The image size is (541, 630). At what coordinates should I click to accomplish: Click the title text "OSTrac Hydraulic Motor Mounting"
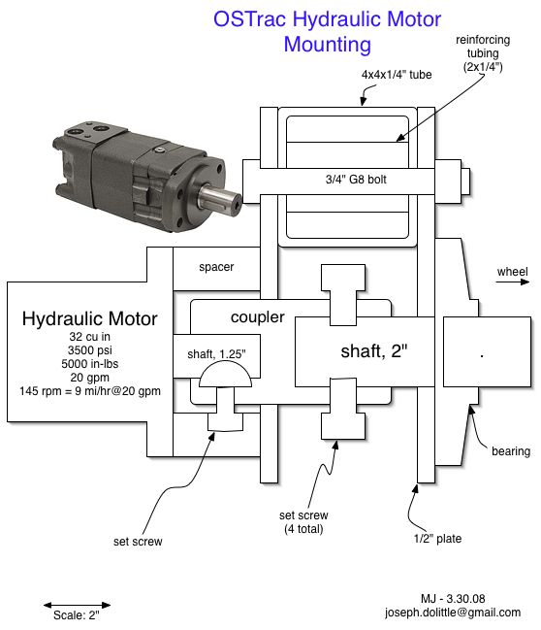pyautogui.click(x=327, y=31)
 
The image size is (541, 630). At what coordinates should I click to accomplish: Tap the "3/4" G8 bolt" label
pyautogui.click(x=356, y=180)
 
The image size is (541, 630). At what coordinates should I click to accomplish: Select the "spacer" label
pyautogui.click(x=216, y=267)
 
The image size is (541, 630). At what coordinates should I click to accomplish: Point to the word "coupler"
pyautogui.click(x=257, y=317)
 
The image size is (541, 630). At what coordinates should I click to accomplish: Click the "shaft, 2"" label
pyautogui.click(x=374, y=351)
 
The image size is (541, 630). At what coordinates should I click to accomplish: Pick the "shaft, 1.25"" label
pyautogui.click(x=216, y=354)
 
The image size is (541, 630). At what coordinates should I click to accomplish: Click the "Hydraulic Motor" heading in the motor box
pyautogui.click(x=89, y=318)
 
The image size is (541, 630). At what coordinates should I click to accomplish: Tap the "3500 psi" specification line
pyautogui.click(x=89, y=350)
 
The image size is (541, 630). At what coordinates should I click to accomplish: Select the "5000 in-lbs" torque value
pyautogui.click(x=89, y=364)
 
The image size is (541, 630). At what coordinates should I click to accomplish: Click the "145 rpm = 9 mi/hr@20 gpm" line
pyautogui.click(x=90, y=391)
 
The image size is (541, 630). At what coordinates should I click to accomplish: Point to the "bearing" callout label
pyautogui.click(x=511, y=451)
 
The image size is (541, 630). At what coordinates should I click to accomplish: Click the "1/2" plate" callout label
pyautogui.click(x=437, y=539)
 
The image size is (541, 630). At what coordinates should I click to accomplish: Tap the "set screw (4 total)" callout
pyautogui.click(x=303, y=522)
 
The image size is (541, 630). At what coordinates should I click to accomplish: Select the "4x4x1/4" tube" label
pyautogui.click(x=397, y=75)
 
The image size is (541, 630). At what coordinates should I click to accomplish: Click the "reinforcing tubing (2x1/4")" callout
pyautogui.click(x=483, y=53)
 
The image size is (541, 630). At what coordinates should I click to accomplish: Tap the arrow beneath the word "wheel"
pyautogui.click(x=513, y=282)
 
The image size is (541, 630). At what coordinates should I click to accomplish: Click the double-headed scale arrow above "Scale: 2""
pyautogui.click(x=77, y=605)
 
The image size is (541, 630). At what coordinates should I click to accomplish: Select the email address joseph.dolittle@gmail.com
pyautogui.click(x=453, y=613)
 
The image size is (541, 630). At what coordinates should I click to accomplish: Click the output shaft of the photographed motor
pyautogui.click(x=219, y=198)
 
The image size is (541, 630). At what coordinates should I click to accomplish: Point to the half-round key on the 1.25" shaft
pyautogui.click(x=225, y=374)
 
